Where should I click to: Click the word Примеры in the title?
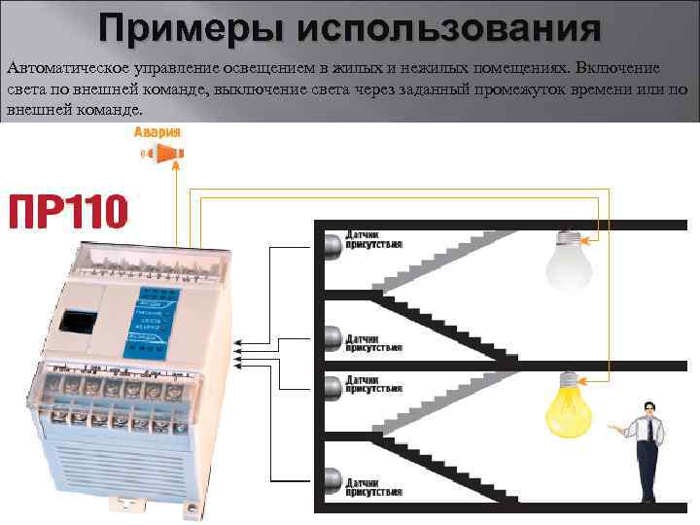179,29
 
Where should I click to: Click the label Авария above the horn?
157,132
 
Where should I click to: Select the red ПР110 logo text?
68,211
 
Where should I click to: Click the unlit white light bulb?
569,260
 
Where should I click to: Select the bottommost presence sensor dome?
332,480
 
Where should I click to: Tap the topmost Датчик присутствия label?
373,240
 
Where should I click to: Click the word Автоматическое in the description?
69,69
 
